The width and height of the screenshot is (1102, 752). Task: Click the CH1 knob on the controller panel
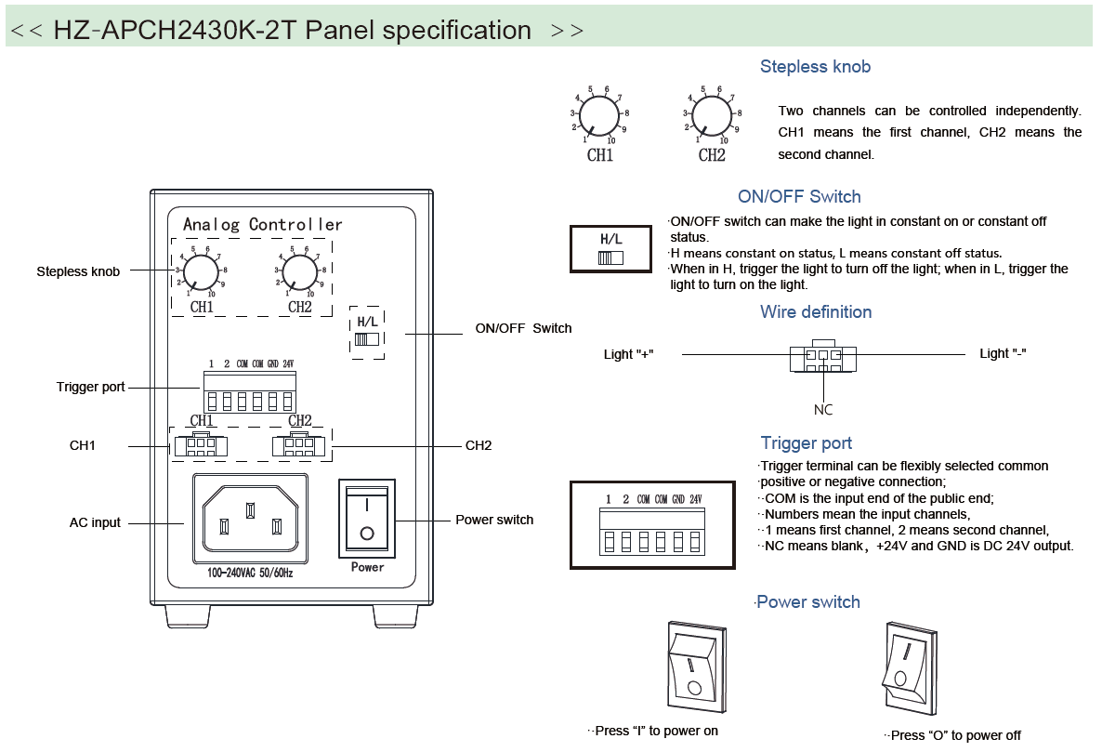point(200,272)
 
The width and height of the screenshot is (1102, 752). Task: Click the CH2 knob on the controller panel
point(299,272)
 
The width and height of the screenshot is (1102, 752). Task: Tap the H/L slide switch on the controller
point(367,339)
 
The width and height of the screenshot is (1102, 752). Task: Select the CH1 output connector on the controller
point(200,445)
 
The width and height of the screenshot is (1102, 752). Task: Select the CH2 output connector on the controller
point(299,445)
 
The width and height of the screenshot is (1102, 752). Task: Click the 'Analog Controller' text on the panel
point(262,224)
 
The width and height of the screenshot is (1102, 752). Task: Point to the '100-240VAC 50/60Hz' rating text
point(249,574)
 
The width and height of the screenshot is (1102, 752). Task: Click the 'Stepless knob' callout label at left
point(78,271)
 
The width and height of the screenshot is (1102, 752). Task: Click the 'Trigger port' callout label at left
point(90,387)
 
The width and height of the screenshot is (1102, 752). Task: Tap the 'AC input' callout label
point(95,522)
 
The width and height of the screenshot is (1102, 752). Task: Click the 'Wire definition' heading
point(816,312)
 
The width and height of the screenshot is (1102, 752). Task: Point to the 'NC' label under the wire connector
point(823,410)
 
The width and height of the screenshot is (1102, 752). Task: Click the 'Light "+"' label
point(629,354)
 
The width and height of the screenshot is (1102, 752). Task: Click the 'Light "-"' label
point(1003,353)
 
